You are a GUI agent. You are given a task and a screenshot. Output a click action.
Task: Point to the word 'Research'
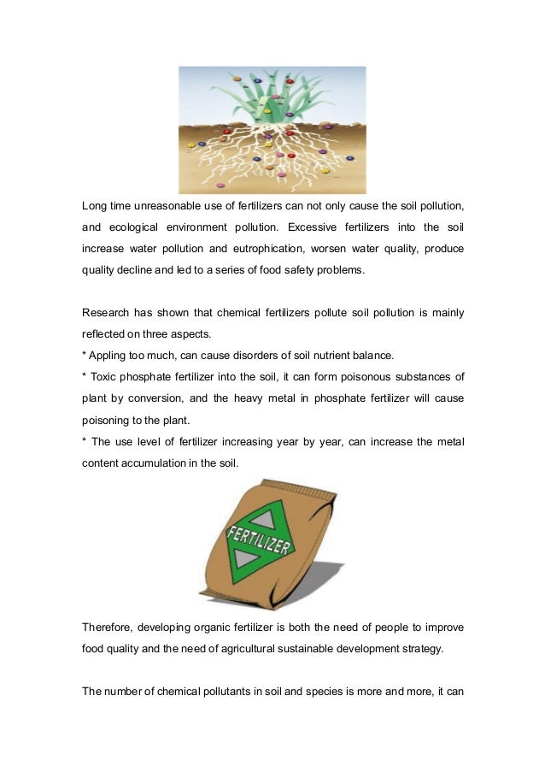pyautogui.click(x=107, y=313)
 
